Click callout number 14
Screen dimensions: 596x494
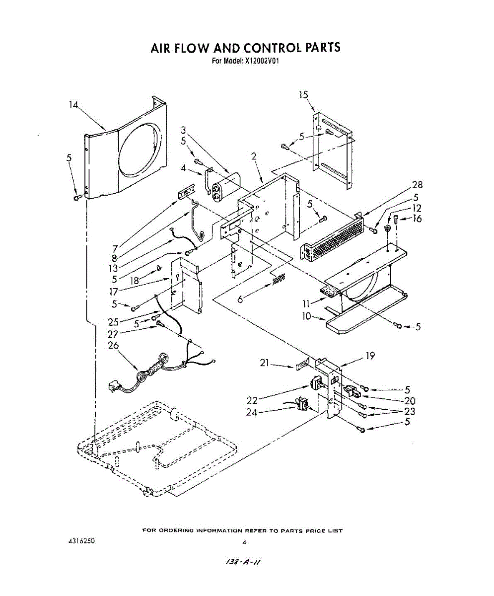74,105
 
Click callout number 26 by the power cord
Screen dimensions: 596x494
114,345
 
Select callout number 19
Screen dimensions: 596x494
369,356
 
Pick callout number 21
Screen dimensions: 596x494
265,364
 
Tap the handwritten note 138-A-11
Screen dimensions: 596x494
243,562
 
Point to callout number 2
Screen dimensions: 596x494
253,156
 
